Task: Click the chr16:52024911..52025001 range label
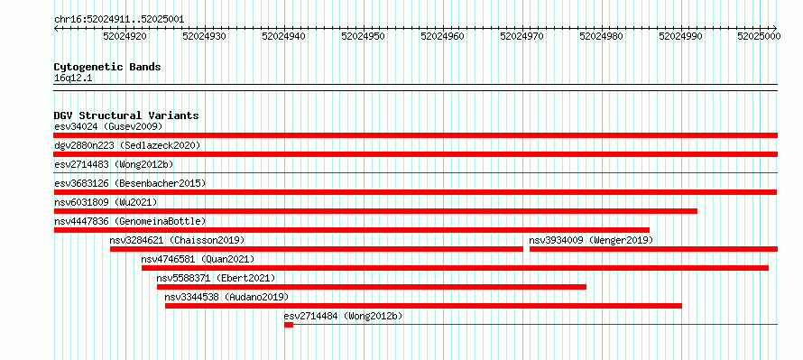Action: [119, 20]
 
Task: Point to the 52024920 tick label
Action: [125, 36]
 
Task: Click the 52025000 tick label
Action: [759, 36]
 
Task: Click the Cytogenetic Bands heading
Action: [107, 67]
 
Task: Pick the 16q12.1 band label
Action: [73, 78]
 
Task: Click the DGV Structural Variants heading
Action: [126, 115]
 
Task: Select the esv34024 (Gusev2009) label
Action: [108, 126]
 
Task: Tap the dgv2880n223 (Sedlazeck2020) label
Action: [127, 145]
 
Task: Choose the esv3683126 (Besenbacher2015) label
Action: [130, 183]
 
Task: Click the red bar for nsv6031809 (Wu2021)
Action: [375, 211]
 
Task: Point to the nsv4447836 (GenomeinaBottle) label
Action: [130, 221]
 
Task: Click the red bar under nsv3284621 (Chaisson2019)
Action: [317, 249]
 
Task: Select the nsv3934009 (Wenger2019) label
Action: [591, 240]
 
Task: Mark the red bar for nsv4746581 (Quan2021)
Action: [455, 268]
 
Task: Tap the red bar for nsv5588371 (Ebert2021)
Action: [372, 287]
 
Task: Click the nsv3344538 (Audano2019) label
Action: [226, 297]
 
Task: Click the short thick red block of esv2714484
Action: [289, 325]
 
